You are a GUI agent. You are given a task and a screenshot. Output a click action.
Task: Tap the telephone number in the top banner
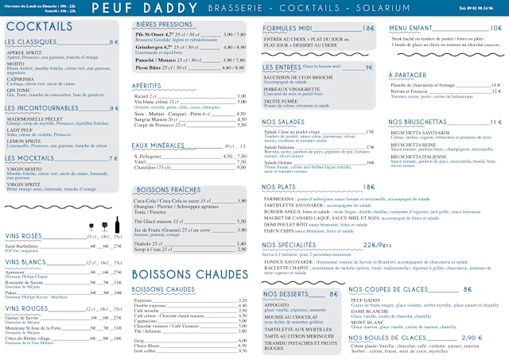tap(479, 8)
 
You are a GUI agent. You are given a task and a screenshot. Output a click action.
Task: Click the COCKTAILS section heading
tap(39, 27)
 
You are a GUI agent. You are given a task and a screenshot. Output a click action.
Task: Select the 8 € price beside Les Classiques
tap(113, 42)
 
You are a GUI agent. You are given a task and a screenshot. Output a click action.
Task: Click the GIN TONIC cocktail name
tap(18, 90)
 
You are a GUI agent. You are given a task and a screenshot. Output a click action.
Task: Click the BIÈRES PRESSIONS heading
tap(165, 25)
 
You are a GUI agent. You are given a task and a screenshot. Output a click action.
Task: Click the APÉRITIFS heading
tap(147, 85)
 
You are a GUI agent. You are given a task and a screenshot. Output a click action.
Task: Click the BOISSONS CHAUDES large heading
tap(189, 274)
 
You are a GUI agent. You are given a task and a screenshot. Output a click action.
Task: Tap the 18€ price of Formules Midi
tap(368, 28)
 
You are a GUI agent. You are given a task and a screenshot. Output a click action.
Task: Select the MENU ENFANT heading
tap(410, 28)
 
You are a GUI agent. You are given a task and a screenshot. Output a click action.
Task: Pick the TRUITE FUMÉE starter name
tap(281, 102)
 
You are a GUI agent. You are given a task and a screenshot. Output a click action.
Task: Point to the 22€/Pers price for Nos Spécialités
tap(377, 245)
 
